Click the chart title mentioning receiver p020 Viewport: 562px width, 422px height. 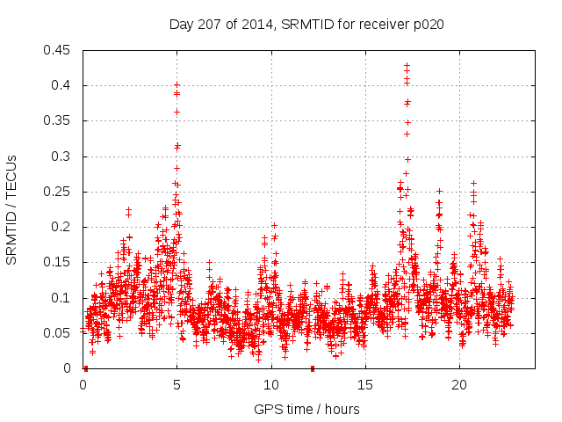click(306, 25)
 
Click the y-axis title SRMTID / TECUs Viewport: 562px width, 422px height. click(12, 209)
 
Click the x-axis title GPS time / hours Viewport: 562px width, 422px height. click(306, 409)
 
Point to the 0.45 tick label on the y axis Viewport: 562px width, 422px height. click(60, 50)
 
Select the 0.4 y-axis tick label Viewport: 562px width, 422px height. click(63, 85)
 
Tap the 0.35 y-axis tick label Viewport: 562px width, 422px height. click(60, 121)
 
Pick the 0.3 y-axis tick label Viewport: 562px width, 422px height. click(63, 156)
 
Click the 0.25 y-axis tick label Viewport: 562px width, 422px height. click(60, 192)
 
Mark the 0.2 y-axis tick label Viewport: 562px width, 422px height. click(63, 227)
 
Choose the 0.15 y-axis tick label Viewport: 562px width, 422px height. click(60, 263)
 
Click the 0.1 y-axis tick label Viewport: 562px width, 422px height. click(63, 298)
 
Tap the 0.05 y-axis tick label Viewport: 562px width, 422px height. click(60, 333)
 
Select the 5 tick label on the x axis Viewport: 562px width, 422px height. click(177, 385)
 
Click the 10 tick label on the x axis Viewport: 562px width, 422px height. click(271, 385)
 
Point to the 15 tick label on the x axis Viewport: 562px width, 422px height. click(365, 385)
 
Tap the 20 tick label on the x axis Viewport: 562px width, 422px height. click(459, 385)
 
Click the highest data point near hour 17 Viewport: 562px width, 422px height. click(407, 65)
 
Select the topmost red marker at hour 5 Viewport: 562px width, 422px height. click(177, 85)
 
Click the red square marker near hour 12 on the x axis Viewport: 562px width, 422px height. click(312, 368)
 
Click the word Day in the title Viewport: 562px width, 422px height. click(181, 25)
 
